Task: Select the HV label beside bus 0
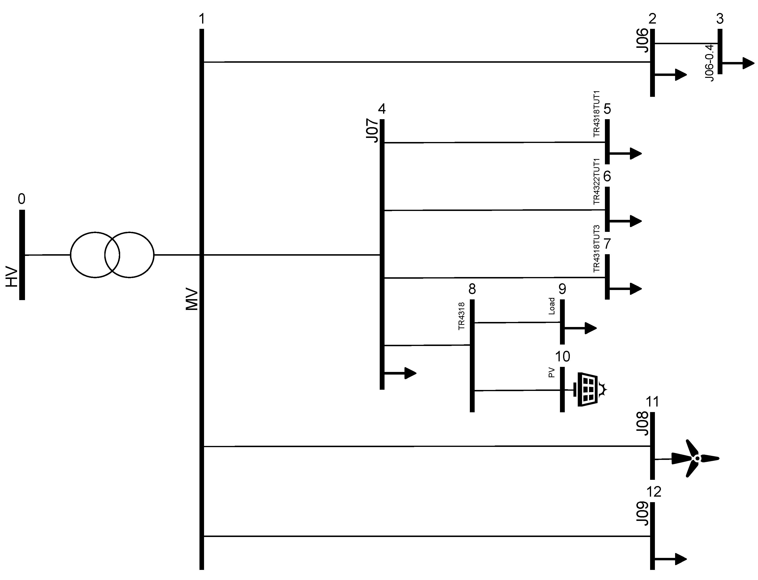coord(12,277)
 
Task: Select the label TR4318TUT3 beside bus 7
coord(596,249)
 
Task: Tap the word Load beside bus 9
coord(552,306)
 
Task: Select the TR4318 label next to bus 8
coord(461,316)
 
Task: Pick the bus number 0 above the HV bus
coord(21,199)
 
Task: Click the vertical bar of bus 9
coord(562,322)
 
